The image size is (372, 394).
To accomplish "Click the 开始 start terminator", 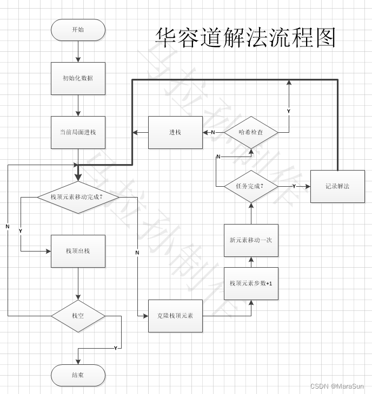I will (x=78, y=30).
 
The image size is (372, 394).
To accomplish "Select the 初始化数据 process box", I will (x=78, y=78).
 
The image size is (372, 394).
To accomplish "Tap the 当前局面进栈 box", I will (x=78, y=132).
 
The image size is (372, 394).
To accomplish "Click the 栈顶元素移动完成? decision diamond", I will (x=78, y=197).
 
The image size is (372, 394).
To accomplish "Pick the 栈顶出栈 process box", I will (x=78, y=251).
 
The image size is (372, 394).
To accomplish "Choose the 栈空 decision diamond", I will (x=78, y=316).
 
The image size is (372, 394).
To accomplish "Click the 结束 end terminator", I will (x=78, y=375).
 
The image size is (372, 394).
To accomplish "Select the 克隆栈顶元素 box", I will (x=175, y=316).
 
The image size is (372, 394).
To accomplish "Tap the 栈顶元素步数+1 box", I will (x=251, y=283).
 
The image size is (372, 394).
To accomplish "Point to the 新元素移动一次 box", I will (x=251, y=240).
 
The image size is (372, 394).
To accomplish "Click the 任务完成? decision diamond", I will (x=251, y=186).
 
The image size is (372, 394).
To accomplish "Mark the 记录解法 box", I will (x=337, y=186).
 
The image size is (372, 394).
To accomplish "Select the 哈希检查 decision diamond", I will (x=251, y=132).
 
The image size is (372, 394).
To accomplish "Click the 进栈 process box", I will (x=175, y=132).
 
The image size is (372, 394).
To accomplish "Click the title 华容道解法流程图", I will (x=246, y=38).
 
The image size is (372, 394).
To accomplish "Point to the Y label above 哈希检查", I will (x=288, y=111).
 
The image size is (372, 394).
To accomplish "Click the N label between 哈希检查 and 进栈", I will (x=213, y=132).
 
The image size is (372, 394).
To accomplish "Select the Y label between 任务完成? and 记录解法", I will (x=294, y=186).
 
